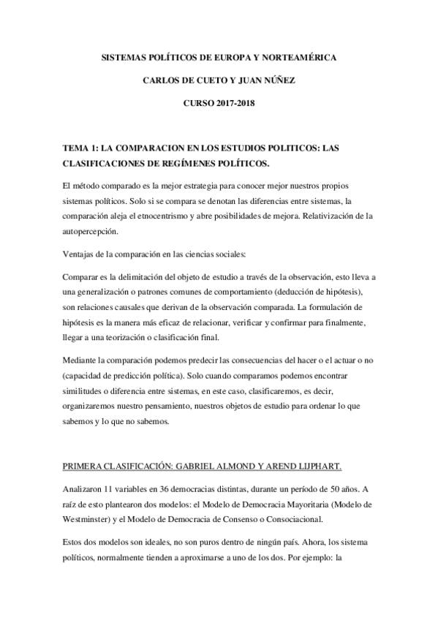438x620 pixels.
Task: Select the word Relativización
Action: pos(331,216)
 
